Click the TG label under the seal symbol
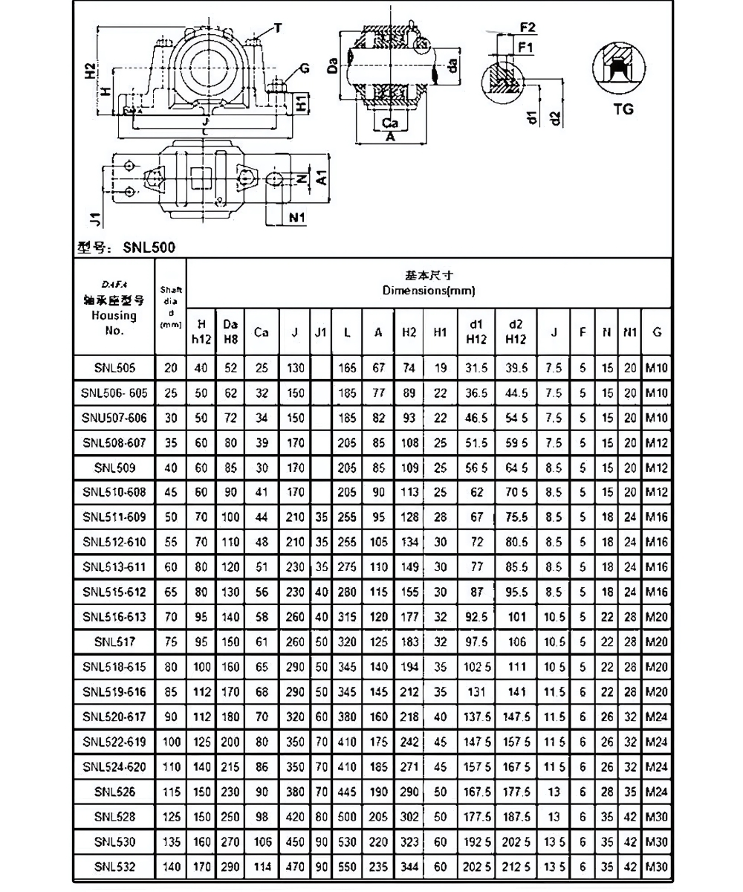pyautogui.click(x=624, y=109)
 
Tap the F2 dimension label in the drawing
pyautogui.click(x=528, y=28)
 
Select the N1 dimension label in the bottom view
pyautogui.click(x=297, y=217)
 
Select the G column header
pyautogui.click(x=657, y=333)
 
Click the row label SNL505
pyautogui.click(x=114, y=367)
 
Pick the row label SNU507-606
pyautogui.click(x=114, y=418)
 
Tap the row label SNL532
pyautogui.click(x=114, y=866)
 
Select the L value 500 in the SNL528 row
pyautogui.click(x=346, y=816)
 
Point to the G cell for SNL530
pyautogui.click(x=657, y=841)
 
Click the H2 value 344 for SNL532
pyautogui.click(x=409, y=866)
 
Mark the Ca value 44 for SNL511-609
pyautogui.click(x=261, y=517)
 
